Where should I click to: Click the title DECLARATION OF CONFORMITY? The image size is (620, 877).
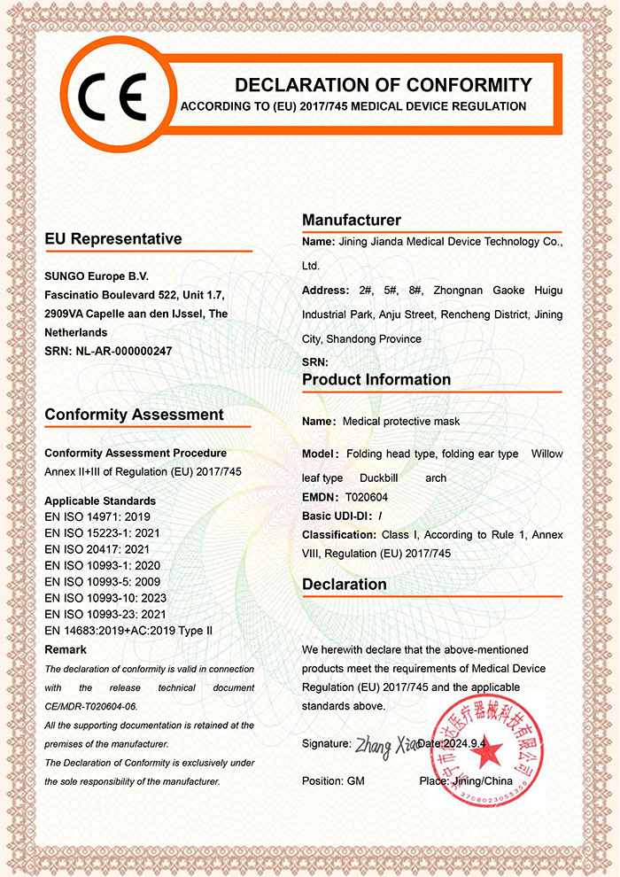tap(383, 85)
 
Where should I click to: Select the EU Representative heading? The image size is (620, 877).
tap(113, 239)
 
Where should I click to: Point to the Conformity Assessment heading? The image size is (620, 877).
tap(134, 415)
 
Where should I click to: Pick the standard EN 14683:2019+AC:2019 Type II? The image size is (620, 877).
tap(129, 631)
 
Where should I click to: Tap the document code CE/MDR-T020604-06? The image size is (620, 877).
tap(91, 706)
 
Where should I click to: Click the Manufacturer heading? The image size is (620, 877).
tap(352, 220)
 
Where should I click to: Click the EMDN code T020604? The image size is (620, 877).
tap(367, 497)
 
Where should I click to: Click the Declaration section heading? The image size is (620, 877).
tap(345, 585)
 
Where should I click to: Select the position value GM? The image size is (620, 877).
tap(355, 781)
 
